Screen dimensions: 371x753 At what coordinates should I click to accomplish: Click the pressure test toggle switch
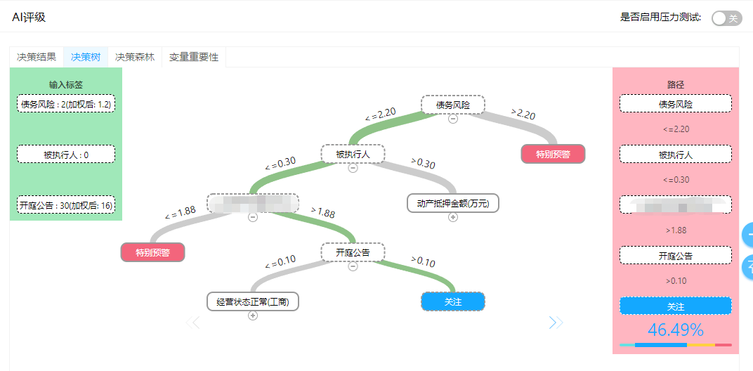point(726,18)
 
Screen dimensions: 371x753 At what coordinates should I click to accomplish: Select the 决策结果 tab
point(37,57)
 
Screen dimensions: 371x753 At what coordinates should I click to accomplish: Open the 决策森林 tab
point(135,57)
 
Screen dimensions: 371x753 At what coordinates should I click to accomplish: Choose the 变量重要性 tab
point(194,57)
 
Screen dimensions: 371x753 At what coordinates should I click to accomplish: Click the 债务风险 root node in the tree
point(453,105)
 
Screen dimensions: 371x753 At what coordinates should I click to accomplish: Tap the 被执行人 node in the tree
point(353,154)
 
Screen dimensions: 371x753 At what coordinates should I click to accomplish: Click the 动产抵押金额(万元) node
point(453,203)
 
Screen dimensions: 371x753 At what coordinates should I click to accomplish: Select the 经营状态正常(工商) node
point(253,301)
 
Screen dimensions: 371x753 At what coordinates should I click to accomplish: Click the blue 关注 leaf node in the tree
point(453,301)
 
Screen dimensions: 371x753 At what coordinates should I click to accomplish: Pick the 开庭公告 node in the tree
point(353,252)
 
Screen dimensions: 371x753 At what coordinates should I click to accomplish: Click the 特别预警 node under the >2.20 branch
point(553,154)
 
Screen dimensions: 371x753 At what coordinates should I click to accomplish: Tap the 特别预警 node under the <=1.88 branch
point(152,252)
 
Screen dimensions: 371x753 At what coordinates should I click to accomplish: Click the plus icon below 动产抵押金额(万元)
point(453,217)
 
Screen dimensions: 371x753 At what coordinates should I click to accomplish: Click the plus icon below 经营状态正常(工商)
point(253,315)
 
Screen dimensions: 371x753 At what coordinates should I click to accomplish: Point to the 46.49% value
point(675,330)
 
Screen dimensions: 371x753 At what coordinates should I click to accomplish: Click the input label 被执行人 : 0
point(66,154)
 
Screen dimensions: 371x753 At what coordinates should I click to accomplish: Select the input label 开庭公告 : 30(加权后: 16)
point(66,204)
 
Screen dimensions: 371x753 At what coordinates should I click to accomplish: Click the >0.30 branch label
point(423,163)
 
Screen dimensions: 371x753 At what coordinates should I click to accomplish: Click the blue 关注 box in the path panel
point(675,306)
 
